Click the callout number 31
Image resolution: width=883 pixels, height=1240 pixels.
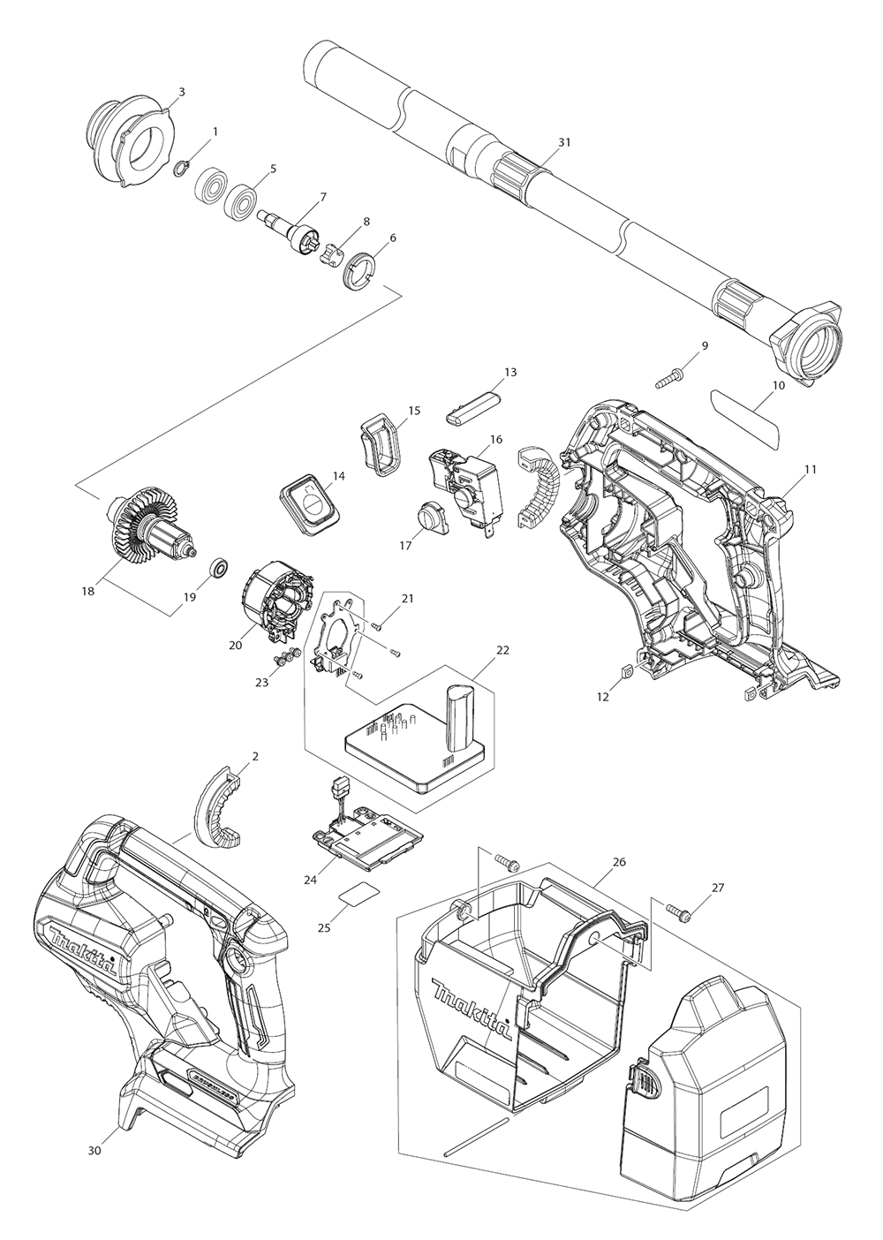pos(565,141)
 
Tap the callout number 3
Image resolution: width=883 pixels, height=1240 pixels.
pos(181,91)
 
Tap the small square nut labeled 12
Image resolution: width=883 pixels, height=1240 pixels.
pos(625,673)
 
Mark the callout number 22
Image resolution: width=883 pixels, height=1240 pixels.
pos(502,650)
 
